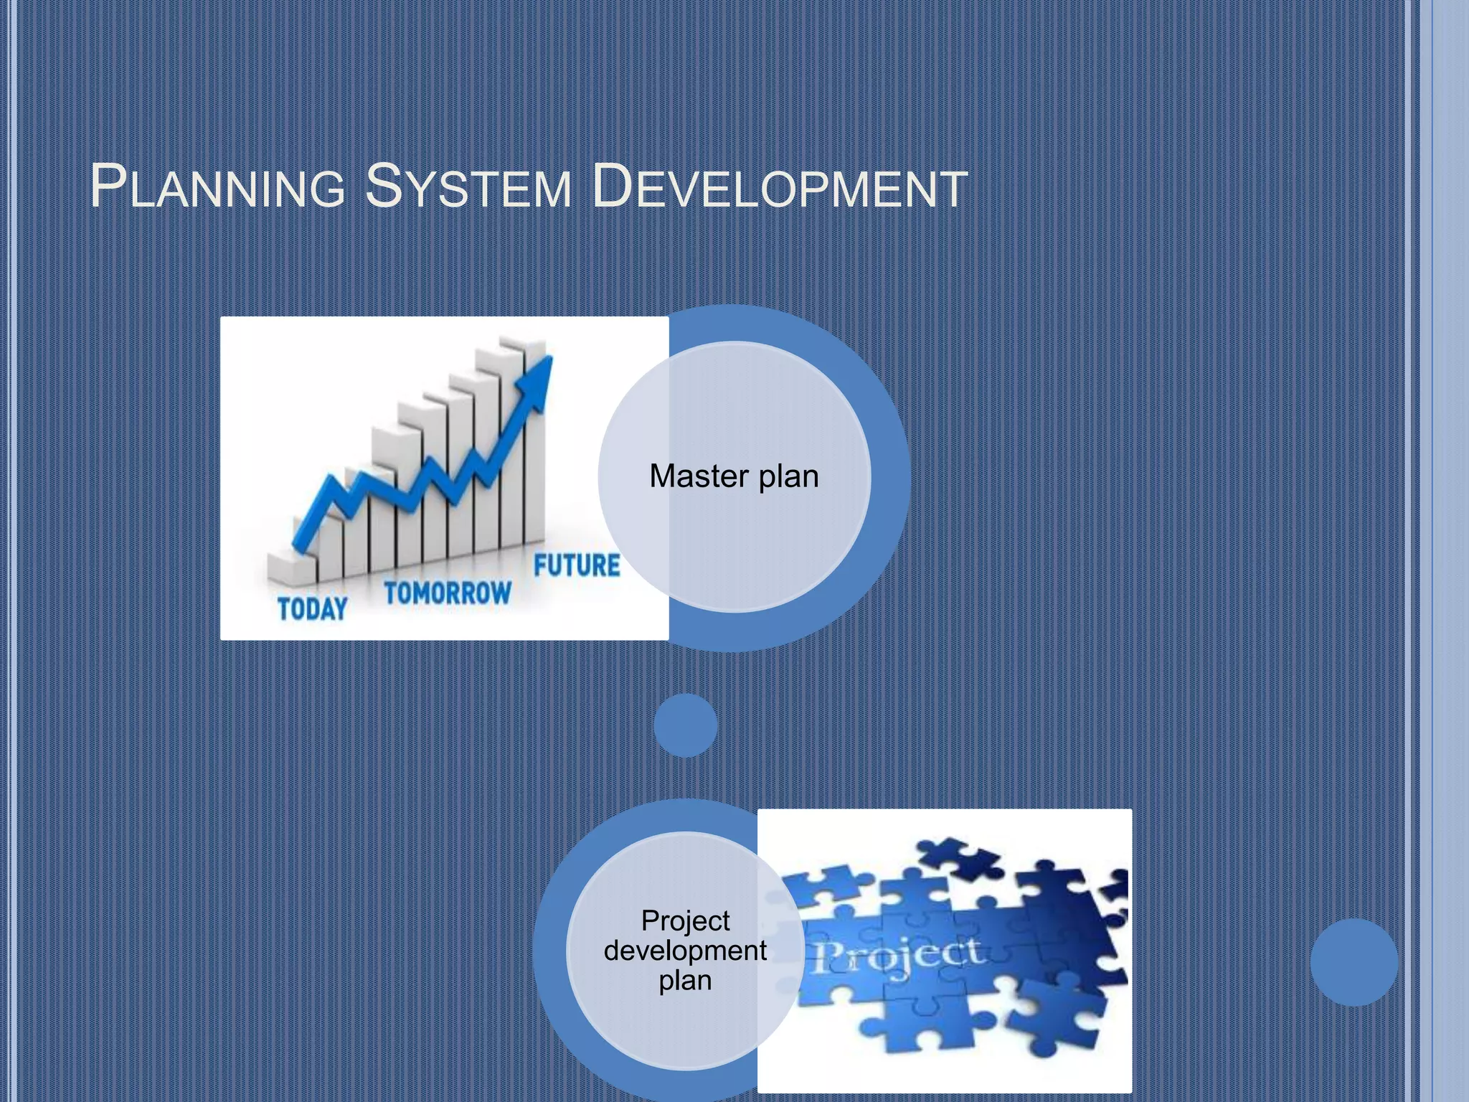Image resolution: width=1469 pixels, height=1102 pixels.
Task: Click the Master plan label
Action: pos(734,476)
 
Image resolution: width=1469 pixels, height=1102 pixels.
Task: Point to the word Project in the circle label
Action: pos(685,920)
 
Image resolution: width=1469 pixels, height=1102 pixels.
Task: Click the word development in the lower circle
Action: pos(685,951)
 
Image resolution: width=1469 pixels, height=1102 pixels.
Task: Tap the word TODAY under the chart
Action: pos(313,608)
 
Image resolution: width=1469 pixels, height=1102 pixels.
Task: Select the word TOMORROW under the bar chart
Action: pos(448,593)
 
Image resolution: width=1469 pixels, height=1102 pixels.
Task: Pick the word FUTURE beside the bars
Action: pos(577,565)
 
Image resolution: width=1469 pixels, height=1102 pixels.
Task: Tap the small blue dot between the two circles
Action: pos(686,725)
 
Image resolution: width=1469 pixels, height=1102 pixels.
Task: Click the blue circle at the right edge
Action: pos(1354,961)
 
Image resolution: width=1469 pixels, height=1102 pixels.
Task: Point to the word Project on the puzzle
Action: pos(897,956)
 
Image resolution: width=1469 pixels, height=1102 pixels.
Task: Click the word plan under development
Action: pos(685,981)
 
